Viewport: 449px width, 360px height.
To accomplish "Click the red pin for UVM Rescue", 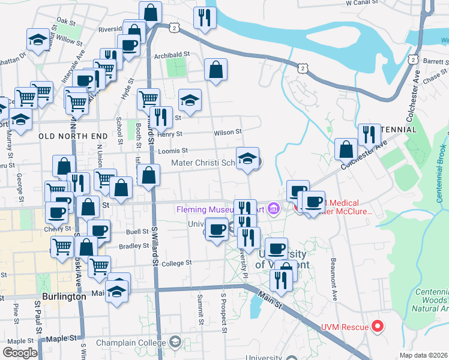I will pos(378,326).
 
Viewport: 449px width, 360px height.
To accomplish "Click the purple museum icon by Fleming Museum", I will pos(274,208).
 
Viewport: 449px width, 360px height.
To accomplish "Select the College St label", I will pos(176,263).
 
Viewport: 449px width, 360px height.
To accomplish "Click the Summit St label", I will pos(200,309).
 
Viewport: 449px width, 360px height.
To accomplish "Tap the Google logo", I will pos(20,353).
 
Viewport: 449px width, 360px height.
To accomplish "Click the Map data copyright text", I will pos(424,355).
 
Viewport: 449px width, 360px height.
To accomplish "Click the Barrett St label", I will pos(436,61).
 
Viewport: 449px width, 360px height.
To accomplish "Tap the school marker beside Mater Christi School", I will pos(247,159).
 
